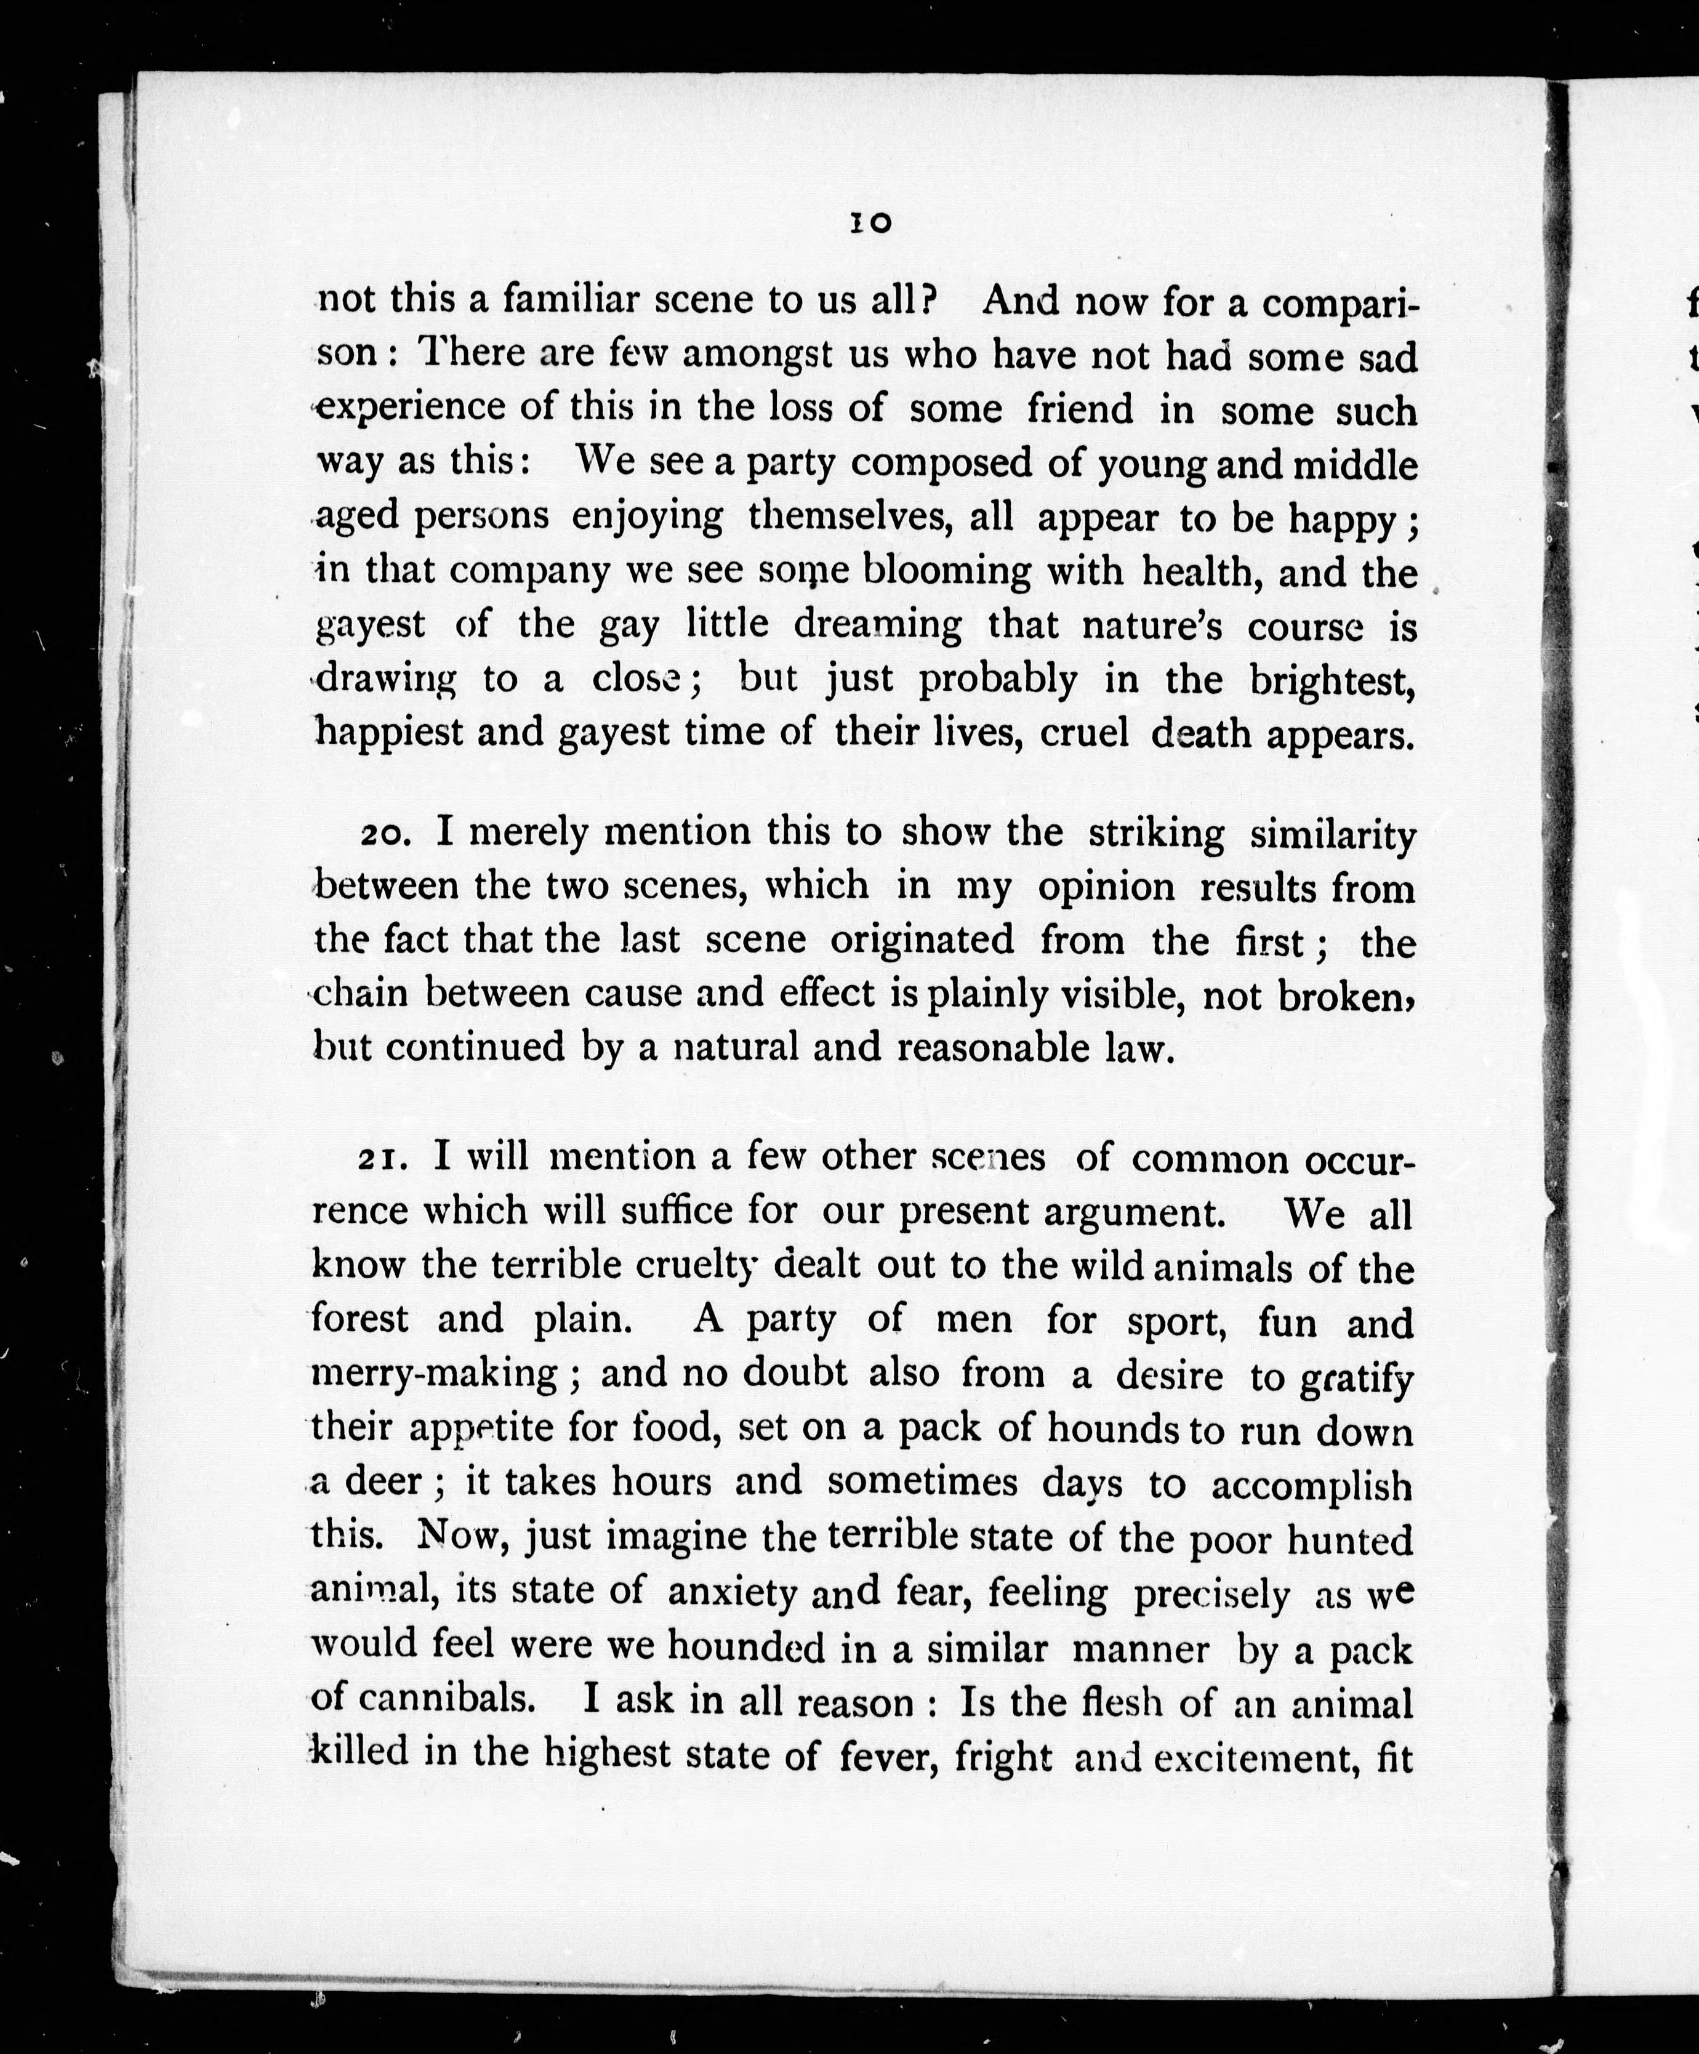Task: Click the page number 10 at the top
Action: [870, 223]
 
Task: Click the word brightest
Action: [1332, 680]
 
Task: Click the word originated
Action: [922, 940]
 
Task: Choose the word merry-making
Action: [434, 1374]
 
